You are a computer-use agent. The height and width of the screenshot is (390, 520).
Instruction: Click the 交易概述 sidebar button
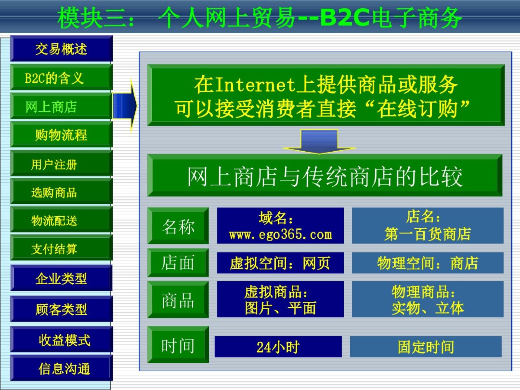pyautogui.click(x=61, y=48)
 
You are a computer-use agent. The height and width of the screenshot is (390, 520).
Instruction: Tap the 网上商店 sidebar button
pyautogui.click(x=61, y=106)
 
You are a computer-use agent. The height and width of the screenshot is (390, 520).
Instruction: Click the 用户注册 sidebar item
pyautogui.click(x=61, y=164)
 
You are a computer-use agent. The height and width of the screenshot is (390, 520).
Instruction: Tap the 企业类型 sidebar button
pyautogui.click(x=61, y=278)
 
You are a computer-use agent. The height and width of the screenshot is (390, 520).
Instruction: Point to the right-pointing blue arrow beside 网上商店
pyautogui.click(x=125, y=106)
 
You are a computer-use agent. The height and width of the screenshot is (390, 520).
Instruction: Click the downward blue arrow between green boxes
pyautogui.click(x=319, y=142)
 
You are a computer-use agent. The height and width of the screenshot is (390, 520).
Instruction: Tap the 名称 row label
pyautogui.click(x=178, y=226)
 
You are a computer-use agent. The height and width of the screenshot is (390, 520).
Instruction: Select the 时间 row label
pyautogui.click(x=178, y=344)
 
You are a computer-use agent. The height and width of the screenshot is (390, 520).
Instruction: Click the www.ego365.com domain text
pyautogui.click(x=281, y=234)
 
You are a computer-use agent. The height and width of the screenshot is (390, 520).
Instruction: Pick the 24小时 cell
pyautogui.click(x=278, y=346)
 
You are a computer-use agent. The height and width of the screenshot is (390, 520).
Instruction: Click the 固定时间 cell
pyautogui.click(x=426, y=346)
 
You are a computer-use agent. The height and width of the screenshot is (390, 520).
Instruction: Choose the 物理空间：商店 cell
pyautogui.click(x=428, y=263)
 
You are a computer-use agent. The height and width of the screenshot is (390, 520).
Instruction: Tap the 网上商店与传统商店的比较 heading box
pyautogui.click(x=325, y=175)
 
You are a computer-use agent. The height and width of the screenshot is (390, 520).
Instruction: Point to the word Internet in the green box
pyautogui.click(x=256, y=85)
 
